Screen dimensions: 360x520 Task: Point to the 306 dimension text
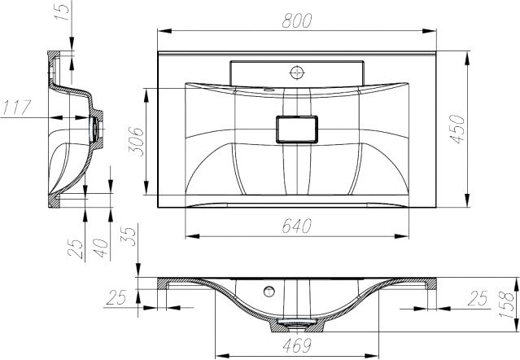coord(136,143)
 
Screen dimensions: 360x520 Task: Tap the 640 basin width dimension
coord(297,227)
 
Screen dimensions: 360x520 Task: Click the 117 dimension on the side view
coord(18,105)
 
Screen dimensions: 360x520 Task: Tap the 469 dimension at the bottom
coord(295,345)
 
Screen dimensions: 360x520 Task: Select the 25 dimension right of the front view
coord(477,299)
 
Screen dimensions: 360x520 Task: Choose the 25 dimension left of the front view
coord(116,299)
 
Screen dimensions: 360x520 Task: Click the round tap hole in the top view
coord(296,72)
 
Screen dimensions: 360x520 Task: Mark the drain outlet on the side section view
coord(98,127)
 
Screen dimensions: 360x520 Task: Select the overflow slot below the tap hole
coord(269,87)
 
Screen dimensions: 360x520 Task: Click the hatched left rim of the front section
coord(163,284)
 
